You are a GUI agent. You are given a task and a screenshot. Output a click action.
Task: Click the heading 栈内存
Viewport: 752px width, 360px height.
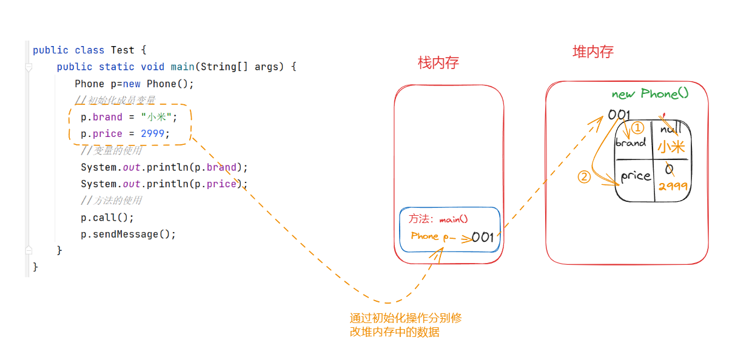(438, 62)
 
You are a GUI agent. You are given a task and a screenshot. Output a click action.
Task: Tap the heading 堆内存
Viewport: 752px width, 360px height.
(593, 52)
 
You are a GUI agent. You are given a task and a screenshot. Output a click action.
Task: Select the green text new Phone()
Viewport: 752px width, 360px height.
(650, 93)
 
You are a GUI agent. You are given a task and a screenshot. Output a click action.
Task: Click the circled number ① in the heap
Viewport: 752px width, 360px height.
(637, 128)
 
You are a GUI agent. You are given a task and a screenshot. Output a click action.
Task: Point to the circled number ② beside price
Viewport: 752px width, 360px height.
(583, 177)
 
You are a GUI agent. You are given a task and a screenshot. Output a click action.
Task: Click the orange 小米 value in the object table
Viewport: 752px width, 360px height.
(671, 147)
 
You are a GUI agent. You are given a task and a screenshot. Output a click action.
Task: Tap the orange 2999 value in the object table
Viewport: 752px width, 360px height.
(673, 186)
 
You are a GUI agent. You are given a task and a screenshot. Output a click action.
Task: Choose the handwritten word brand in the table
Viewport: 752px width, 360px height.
(630, 143)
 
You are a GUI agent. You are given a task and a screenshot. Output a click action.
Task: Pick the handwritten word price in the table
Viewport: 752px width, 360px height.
(635, 176)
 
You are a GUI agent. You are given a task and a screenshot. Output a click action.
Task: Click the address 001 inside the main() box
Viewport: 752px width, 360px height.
(482, 238)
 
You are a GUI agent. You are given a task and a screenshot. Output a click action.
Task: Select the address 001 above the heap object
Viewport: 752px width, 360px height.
(619, 115)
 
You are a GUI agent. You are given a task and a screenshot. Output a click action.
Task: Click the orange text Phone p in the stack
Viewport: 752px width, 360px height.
(429, 236)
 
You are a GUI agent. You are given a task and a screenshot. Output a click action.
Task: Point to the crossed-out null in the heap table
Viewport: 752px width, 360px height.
(671, 128)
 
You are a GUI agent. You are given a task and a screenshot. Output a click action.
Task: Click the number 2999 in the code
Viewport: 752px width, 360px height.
(152, 133)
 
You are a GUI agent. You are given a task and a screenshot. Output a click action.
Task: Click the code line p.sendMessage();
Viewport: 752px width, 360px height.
(128, 234)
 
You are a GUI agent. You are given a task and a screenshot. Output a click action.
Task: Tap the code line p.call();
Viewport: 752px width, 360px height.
(107, 217)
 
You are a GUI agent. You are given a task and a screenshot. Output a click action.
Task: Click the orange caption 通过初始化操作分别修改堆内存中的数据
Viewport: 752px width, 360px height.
(406, 325)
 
